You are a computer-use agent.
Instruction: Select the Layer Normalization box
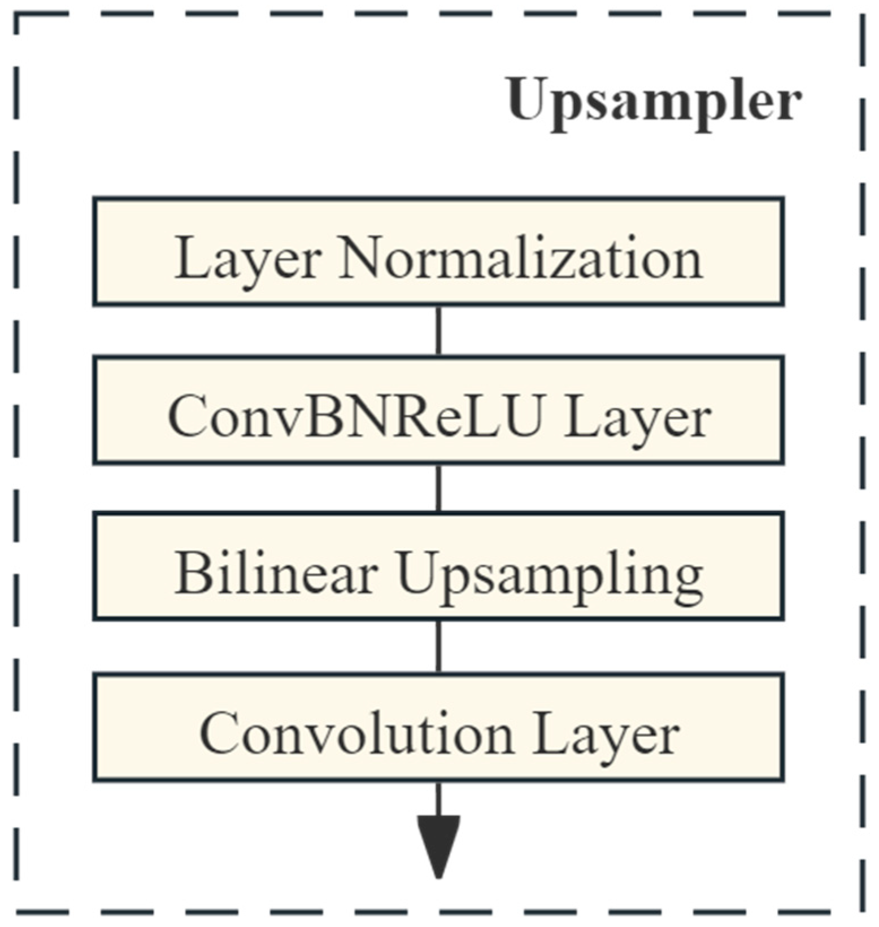click(438, 251)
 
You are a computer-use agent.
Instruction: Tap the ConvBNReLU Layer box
click(438, 410)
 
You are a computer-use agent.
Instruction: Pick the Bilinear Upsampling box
click(438, 566)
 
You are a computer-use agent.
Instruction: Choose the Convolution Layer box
click(438, 727)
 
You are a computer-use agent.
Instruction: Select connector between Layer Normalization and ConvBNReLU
click(438, 331)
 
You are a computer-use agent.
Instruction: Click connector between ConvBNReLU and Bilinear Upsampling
click(438, 488)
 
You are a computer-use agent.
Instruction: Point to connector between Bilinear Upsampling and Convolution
click(438, 646)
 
